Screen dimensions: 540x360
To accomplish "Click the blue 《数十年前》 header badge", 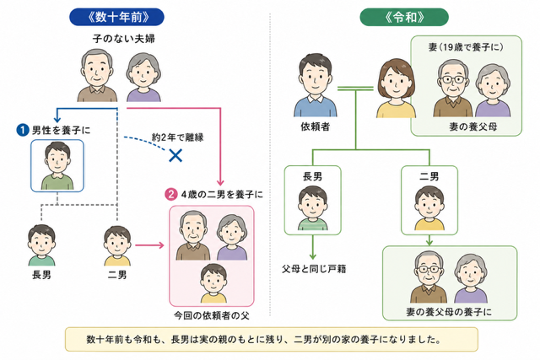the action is pos(116,17).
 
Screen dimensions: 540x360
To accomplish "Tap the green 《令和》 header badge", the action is pos(404,17).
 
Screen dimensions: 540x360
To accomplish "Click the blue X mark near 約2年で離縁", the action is pos(175,156).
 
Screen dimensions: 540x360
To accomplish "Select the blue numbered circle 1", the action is pos(23,130).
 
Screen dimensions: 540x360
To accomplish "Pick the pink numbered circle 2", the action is pos(170,195).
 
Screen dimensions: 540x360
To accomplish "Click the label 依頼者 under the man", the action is pos(315,127).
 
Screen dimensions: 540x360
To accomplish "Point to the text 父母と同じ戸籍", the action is pos(314,268).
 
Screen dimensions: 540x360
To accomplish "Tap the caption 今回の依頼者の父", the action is pos(212,315).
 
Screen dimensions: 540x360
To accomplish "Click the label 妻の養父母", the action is pos(472,126).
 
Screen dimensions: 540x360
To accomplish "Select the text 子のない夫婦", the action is pos(124,38).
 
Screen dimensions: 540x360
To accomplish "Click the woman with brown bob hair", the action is pos(396,89).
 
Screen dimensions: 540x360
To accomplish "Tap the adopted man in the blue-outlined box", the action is pos(57,166).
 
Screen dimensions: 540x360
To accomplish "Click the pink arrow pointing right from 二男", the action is pos(149,245).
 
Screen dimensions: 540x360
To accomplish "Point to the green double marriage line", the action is pos(355,89).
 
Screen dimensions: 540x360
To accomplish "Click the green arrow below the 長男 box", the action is pos(313,247).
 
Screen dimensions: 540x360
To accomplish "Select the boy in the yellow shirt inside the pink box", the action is pos(213,283).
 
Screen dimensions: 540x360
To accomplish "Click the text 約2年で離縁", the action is pos(178,137).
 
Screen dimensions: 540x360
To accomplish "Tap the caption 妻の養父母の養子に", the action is pos(449,312).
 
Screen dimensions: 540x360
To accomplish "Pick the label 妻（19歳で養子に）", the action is pos(466,47).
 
